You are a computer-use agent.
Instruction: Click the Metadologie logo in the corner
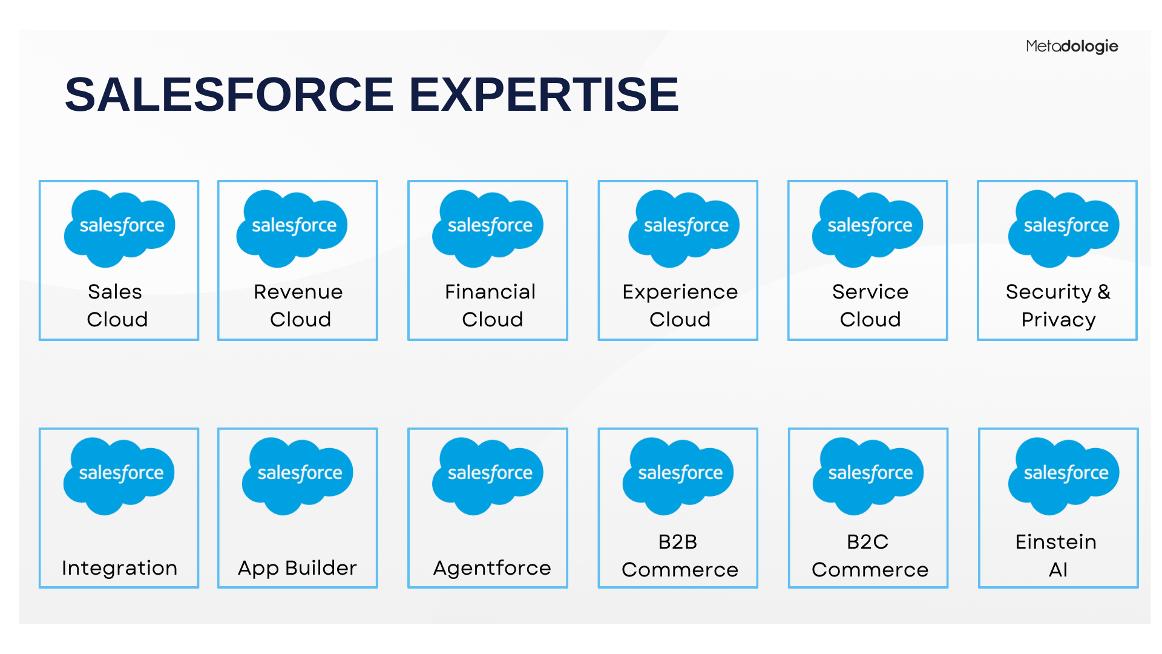pos(1072,47)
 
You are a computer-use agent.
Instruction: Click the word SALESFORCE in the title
pos(229,94)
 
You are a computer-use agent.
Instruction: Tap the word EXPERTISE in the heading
pos(544,94)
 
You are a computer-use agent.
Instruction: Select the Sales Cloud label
pos(117,305)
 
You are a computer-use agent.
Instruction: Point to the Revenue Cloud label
pos(298,305)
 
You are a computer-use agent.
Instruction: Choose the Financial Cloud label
pos(490,305)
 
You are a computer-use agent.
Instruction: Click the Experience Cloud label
pos(680,305)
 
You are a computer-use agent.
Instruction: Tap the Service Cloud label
pos(870,305)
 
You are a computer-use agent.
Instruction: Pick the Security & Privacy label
pos(1058,305)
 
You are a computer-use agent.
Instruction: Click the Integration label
pos(119,568)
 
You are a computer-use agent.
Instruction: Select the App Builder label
pos(297,568)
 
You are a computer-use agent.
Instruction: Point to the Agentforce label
pos(492,568)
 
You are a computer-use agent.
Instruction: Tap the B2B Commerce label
pos(680,555)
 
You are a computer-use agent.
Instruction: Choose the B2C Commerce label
pos(870,555)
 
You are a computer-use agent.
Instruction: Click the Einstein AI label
pos(1056,555)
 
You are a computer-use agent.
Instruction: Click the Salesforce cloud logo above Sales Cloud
pos(119,228)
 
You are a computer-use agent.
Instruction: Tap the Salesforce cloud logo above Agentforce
pos(487,476)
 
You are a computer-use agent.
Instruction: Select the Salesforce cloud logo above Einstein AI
pos(1063,476)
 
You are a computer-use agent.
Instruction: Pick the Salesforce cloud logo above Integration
pos(119,476)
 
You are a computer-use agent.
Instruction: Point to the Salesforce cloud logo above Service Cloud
pos(867,228)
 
